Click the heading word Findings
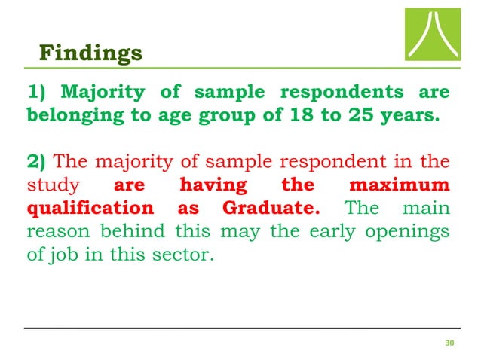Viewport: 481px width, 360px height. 90,53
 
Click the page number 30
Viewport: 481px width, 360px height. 450,344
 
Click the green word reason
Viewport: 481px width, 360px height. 54,230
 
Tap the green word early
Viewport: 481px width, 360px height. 330,230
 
